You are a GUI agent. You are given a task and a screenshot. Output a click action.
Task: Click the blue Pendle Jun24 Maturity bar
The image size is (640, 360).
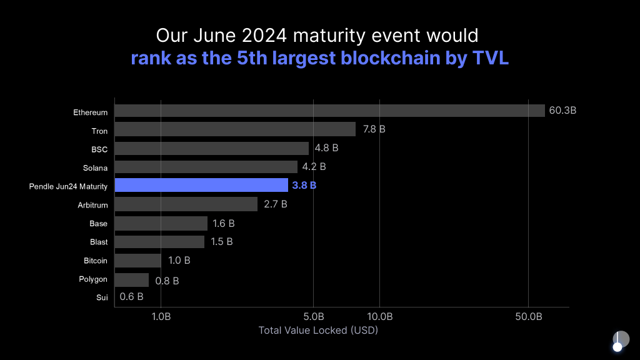tap(201, 185)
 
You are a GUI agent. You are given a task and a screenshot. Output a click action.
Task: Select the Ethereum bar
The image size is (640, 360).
tap(329, 111)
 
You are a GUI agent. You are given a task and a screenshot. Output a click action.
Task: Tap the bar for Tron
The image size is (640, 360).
tap(235, 129)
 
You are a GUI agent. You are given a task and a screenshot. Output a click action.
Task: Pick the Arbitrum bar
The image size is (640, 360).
tap(186, 204)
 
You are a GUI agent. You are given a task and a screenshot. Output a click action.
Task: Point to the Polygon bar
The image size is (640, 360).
tap(132, 279)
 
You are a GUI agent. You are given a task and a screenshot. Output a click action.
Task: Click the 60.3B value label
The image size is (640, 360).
tap(562, 111)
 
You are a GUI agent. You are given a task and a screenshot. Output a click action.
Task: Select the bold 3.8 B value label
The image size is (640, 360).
tap(304, 186)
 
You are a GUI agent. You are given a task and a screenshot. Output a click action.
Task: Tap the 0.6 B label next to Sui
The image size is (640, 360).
tap(131, 297)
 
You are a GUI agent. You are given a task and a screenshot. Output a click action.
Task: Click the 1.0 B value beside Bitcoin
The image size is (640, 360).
tap(179, 260)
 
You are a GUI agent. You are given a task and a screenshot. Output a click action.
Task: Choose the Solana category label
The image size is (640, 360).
tap(95, 168)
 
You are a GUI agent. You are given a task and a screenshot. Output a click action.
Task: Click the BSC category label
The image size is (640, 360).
tap(99, 149)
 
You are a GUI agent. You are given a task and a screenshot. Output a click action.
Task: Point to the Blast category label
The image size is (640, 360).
tap(99, 242)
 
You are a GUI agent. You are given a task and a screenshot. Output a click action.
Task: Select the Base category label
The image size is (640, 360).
tap(99, 224)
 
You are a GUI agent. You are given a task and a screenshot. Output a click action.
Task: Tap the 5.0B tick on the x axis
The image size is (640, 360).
tap(313, 316)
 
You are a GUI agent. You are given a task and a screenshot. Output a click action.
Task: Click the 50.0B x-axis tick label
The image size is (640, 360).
tap(529, 316)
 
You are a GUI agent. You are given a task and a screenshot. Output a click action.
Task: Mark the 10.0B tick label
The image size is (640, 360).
tap(379, 316)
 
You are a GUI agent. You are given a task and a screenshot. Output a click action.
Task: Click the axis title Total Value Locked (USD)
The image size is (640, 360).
tap(318, 330)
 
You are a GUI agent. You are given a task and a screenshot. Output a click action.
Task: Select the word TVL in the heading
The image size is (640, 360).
tap(491, 59)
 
